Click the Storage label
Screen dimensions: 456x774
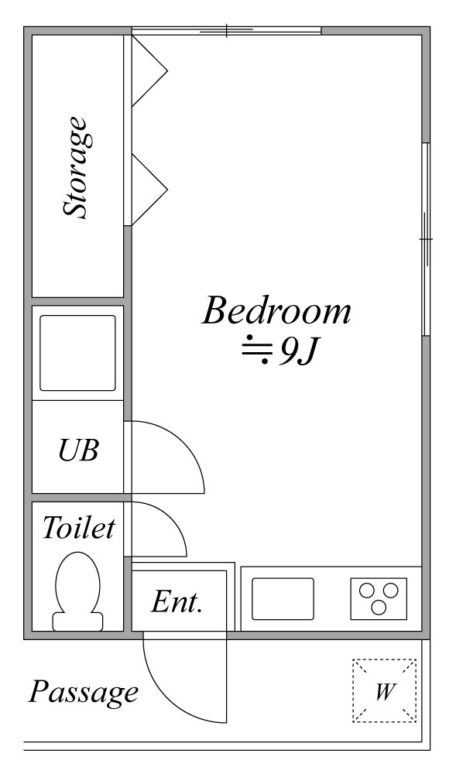point(78,167)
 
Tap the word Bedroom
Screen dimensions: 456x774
point(277,310)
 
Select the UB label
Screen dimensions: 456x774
point(78,450)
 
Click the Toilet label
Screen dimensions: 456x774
point(78,527)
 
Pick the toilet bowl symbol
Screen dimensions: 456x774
point(78,591)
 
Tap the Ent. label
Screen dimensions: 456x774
point(177,601)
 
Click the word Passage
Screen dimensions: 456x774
point(83,692)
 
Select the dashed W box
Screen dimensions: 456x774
point(384,690)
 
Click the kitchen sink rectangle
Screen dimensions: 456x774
point(283,599)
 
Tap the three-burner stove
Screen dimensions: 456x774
point(379,598)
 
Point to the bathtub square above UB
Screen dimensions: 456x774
point(77,353)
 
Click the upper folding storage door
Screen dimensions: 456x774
point(149,71)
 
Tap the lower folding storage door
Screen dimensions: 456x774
point(149,190)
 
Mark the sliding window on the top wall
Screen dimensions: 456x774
point(227,31)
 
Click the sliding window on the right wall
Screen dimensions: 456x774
point(426,239)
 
